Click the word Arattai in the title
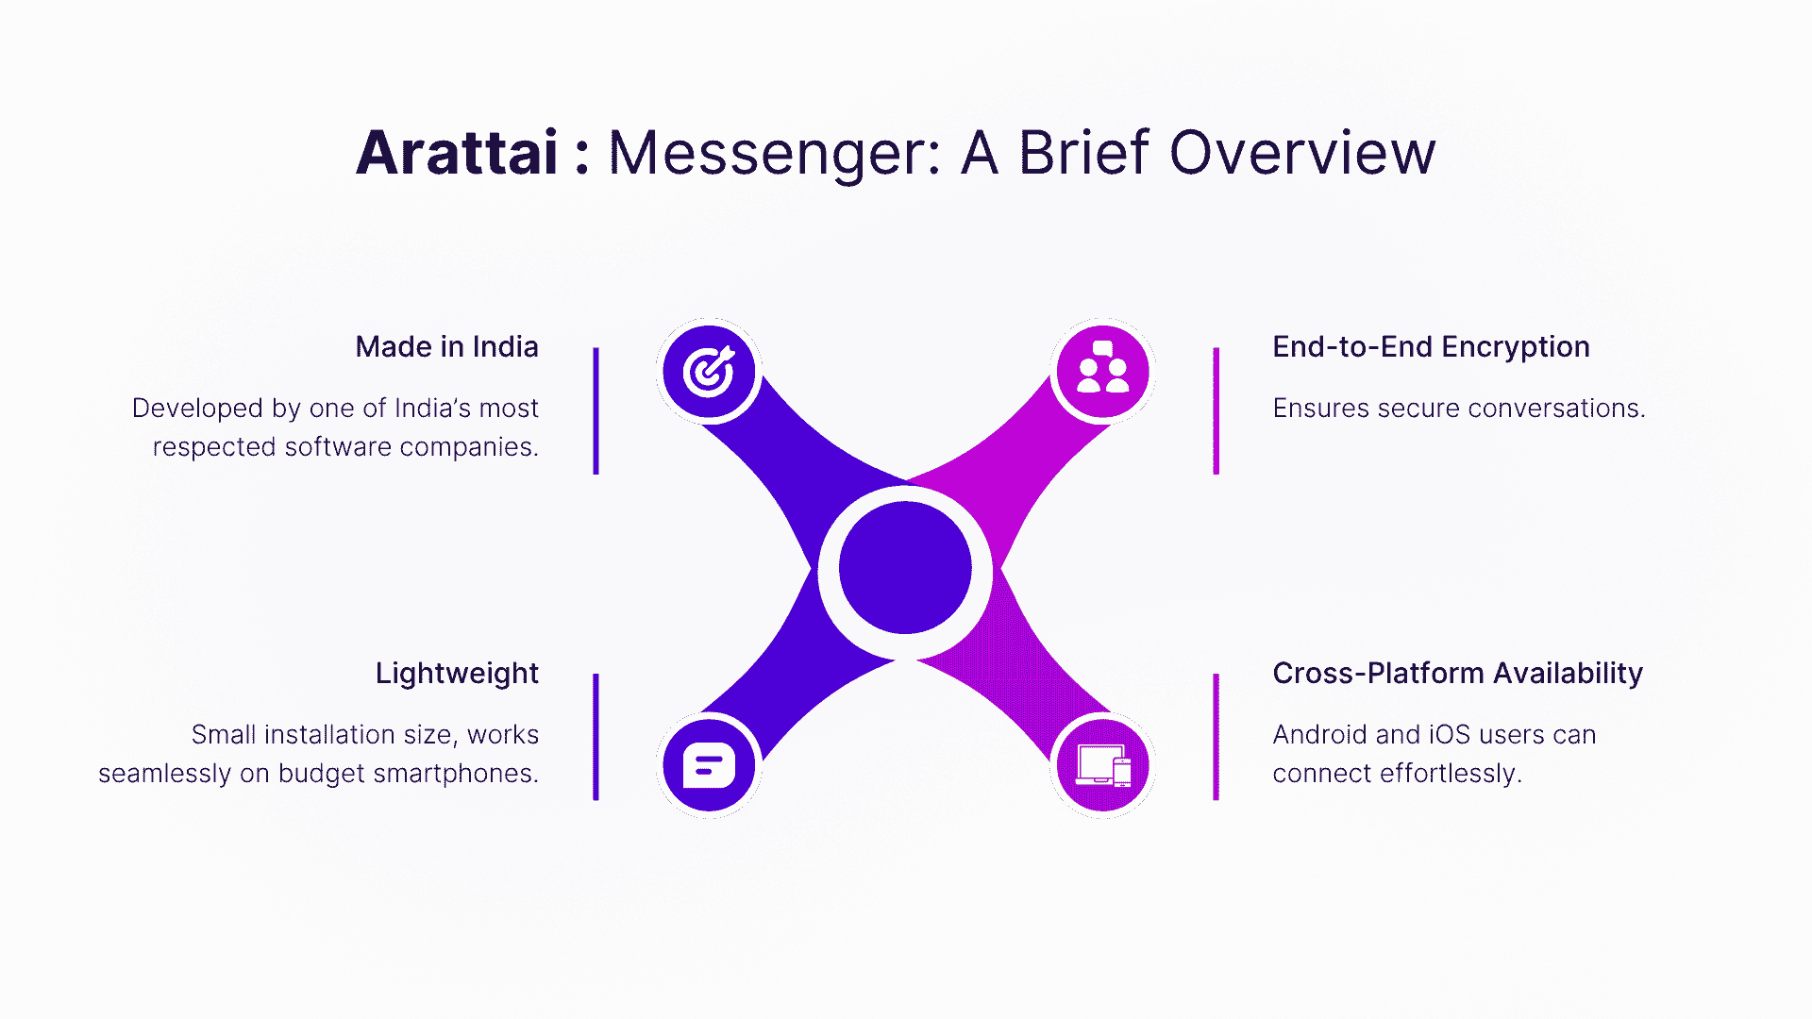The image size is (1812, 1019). tap(457, 153)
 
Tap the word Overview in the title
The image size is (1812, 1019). tap(1302, 153)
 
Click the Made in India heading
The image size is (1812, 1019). tap(446, 347)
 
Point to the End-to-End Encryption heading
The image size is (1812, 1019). tap(1431, 347)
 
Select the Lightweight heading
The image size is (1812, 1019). tap(457, 674)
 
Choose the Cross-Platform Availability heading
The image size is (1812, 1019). tap(1457, 674)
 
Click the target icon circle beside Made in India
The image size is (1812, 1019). tap(709, 371)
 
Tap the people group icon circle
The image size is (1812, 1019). tap(1102, 371)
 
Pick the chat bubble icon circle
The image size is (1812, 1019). tap(709, 764)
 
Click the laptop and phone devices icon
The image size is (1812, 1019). tap(1102, 764)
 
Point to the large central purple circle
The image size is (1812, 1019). tap(905, 568)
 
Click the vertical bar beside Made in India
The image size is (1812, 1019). tap(596, 410)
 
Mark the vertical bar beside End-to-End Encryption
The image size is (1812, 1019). tap(1216, 410)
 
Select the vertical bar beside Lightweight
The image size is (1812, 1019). tap(596, 737)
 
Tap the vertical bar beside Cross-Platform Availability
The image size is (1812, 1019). tap(1216, 737)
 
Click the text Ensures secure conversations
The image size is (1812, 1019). tap(1458, 409)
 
